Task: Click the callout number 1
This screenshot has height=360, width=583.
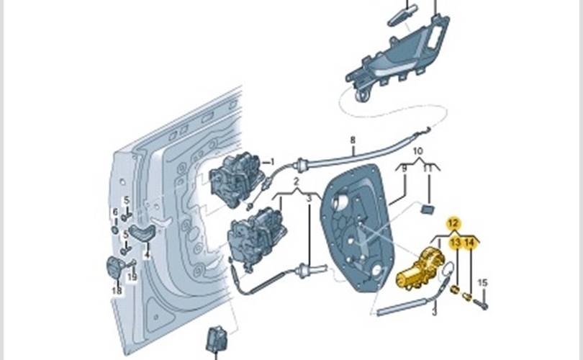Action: click(272, 162)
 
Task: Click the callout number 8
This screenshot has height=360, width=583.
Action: click(353, 140)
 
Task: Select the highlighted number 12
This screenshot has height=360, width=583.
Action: click(453, 223)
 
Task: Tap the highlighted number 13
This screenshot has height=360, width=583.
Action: click(455, 244)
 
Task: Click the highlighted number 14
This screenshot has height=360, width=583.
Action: click(470, 244)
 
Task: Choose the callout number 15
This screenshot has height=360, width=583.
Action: click(483, 282)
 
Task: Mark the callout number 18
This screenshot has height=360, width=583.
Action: click(117, 290)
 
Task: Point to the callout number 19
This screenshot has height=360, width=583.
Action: click(132, 277)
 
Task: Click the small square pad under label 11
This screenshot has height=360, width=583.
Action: click(428, 209)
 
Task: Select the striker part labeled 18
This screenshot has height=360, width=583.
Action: click(115, 266)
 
